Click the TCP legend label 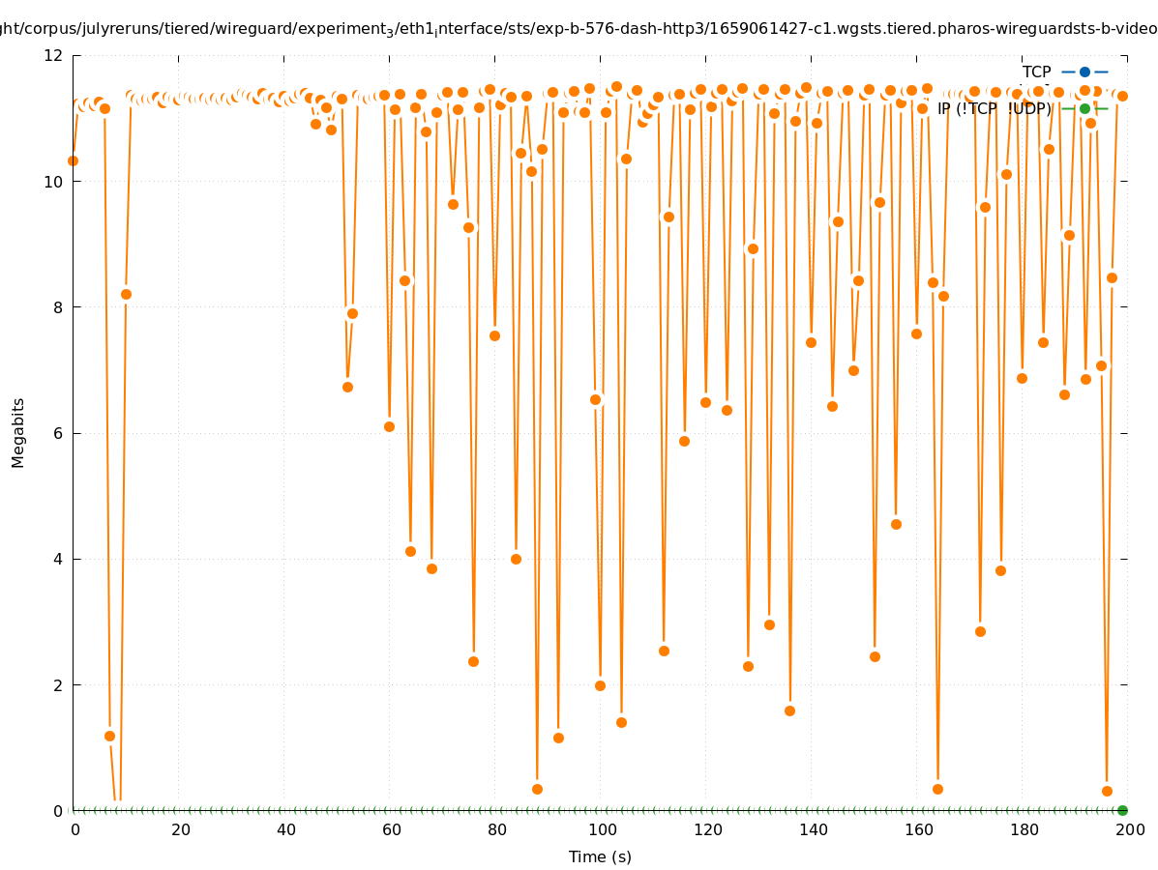point(1036,72)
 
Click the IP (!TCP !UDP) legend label point(994,109)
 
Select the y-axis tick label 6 point(59,433)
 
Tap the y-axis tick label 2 point(59,684)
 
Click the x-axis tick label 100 point(603,829)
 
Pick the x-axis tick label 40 point(286,829)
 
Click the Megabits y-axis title point(18,432)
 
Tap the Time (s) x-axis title point(600,857)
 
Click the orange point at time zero point(73,160)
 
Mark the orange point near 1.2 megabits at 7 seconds point(109,736)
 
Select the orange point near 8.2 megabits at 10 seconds point(126,294)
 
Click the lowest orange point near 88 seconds point(537,789)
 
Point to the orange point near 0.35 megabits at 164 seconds point(937,789)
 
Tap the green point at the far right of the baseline point(1122,810)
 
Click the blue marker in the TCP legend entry point(1084,72)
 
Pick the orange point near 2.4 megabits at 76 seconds point(473,661)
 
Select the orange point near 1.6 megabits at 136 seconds point(789,710)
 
